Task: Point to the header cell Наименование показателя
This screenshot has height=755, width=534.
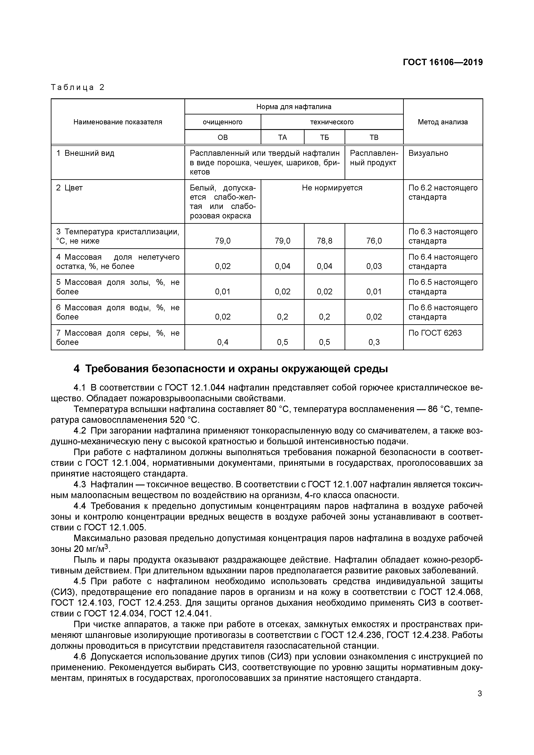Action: (118, 122)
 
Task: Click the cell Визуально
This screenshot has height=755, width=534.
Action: (428, 153)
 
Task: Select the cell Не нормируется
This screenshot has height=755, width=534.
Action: (332, 188)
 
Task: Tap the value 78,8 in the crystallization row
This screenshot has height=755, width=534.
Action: (324, 241)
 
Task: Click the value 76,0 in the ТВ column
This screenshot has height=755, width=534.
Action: (374, 241)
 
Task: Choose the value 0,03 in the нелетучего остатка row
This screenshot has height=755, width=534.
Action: (374, 266)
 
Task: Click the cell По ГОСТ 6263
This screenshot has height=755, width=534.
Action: (435, 333)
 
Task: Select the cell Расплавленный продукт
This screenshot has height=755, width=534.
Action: (374, 158)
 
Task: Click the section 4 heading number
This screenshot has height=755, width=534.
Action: (76, 369)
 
